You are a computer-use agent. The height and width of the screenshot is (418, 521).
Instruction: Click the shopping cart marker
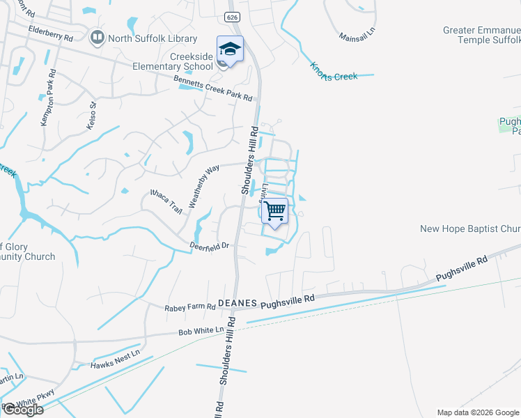click(276, 210)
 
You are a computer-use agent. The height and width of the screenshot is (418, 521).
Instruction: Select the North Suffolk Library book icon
click(98, 38)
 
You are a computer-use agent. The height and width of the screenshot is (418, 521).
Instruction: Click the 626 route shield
click(232, 15)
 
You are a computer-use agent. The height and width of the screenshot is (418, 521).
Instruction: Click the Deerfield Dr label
click(210, 246)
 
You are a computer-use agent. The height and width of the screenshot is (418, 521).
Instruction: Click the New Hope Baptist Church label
click(470, 229)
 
